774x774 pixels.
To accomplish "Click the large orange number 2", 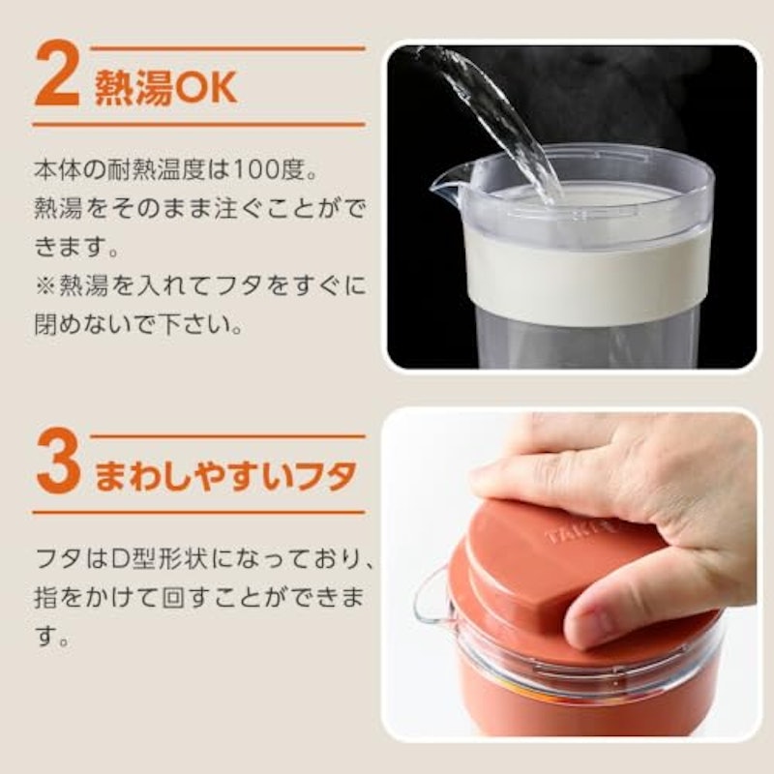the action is point(57,74).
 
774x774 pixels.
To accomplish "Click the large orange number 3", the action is point(58,461).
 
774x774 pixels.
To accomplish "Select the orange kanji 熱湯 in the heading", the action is point(134,88).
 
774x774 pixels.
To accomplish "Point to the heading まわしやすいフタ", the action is point(225,475).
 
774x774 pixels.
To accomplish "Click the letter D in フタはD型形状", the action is point(120,559).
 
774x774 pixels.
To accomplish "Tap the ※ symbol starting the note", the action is point(45,286).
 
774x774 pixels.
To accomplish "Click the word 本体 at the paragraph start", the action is point(58,170).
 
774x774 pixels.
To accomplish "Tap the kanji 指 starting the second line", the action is point(45,597).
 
